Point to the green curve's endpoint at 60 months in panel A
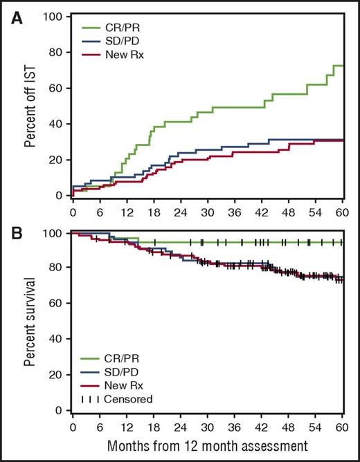pos(343,66)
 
